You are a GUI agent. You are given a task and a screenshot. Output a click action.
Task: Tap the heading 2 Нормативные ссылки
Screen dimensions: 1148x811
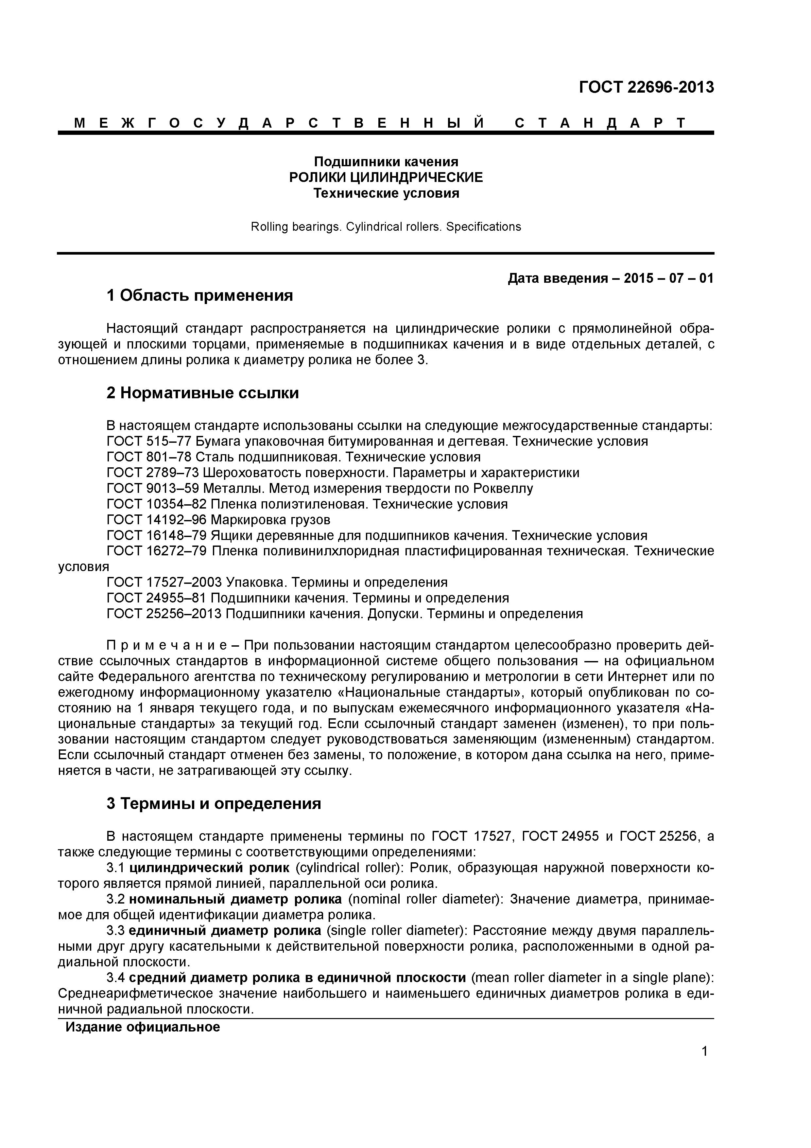(202, 393)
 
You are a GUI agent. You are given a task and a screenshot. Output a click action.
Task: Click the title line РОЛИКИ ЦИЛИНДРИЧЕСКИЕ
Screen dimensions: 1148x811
(386, 177)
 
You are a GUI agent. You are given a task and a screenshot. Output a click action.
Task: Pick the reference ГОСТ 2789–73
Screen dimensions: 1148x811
(153, 473)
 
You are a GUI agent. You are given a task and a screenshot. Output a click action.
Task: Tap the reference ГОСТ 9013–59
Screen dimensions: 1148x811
(153, 489)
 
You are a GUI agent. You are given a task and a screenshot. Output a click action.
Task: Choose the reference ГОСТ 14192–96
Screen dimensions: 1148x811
(157, 520)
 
